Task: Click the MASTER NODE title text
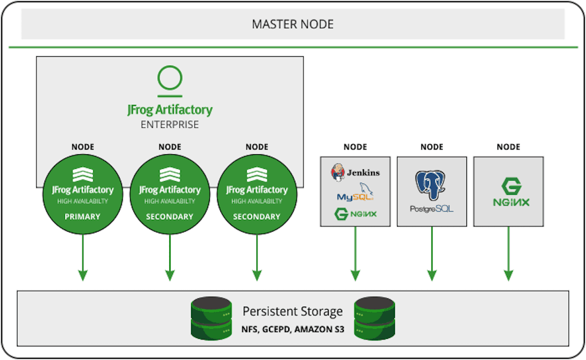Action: pos(292,24)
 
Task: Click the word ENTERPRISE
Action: pos(170,124)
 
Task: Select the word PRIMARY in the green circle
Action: pos(83,216)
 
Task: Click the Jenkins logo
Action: pos(355,172)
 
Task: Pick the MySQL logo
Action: pos(355,192)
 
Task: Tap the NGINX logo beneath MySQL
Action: pos(356,214)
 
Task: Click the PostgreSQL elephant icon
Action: pos(431,185)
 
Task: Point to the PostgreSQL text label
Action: pos(432,209)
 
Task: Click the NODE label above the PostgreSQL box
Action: pos(432,147)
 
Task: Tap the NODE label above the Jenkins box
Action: pos(355,147)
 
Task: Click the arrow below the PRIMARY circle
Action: pos(83,257)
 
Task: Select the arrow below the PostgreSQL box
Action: pos(432,254)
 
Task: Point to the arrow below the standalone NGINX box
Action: pos(508,254)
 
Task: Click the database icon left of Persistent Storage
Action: pos(211,318)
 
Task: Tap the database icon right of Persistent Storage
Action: pos(374,318)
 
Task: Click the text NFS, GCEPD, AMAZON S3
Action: pos(292,330)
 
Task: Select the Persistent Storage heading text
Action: pos(292,311)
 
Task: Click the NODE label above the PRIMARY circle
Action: pos(83,147)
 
